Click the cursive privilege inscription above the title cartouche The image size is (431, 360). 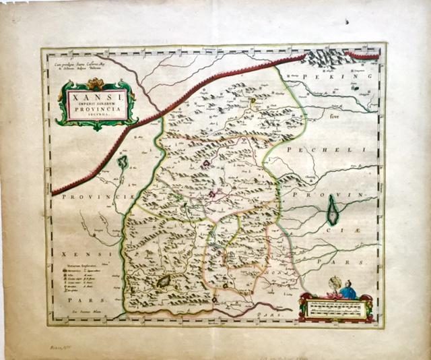77,67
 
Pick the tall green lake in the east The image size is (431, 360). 333,210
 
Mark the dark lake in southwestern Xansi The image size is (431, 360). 164,282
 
